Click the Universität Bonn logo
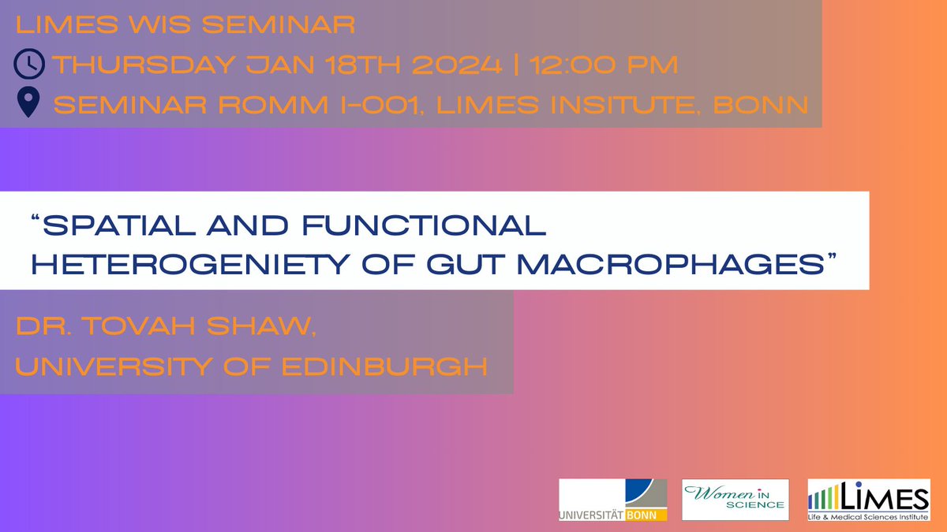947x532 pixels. pyautogui.click(x=612, y=500)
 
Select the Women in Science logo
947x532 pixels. pyautogui.click(x=736, y=500)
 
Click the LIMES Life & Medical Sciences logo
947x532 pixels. pyautogui.click(x=868, y=500)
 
